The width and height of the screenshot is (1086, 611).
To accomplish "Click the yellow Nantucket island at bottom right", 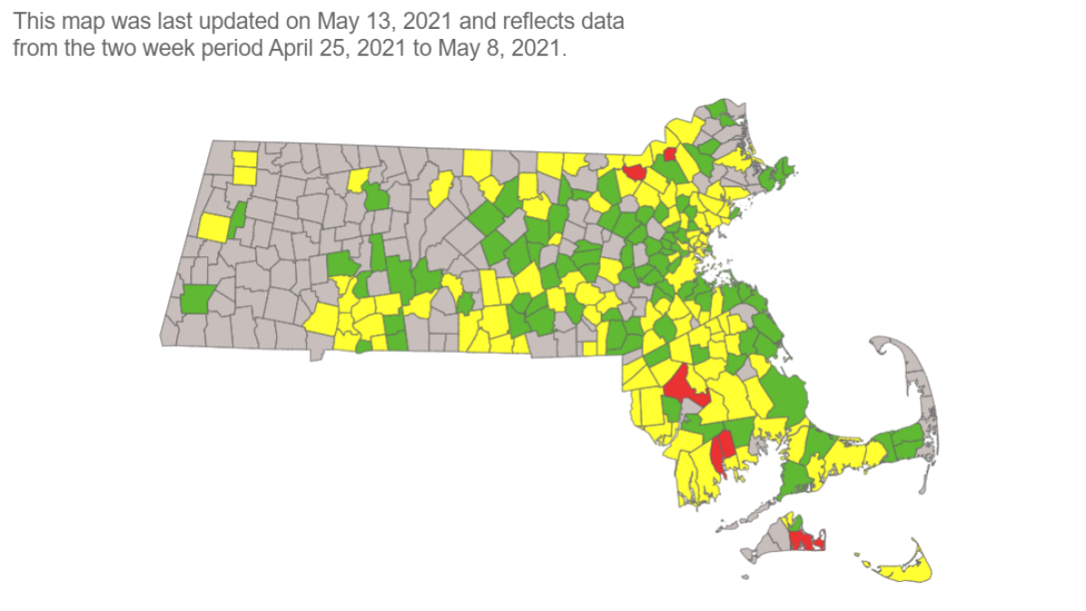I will coord(909,569).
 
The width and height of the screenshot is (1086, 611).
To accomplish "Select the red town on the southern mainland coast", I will coord(722,449).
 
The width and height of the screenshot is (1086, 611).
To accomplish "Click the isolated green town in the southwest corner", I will coord(196,299).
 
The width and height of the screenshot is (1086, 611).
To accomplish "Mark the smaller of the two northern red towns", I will coord(671,153).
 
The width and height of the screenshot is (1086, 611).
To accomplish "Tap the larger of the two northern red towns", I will coord(633,171).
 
